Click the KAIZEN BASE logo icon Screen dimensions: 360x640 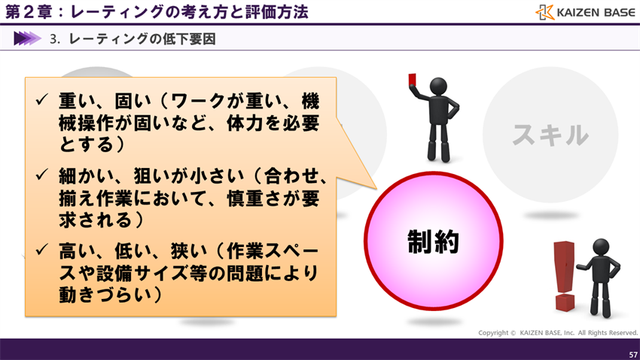546,12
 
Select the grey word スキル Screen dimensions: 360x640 550,136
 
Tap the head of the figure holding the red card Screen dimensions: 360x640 435,87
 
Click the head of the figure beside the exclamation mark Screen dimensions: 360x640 601,247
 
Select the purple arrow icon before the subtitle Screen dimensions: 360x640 27,38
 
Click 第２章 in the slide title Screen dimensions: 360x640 28,12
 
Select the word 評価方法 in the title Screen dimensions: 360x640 274,12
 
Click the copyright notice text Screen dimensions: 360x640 558,333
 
